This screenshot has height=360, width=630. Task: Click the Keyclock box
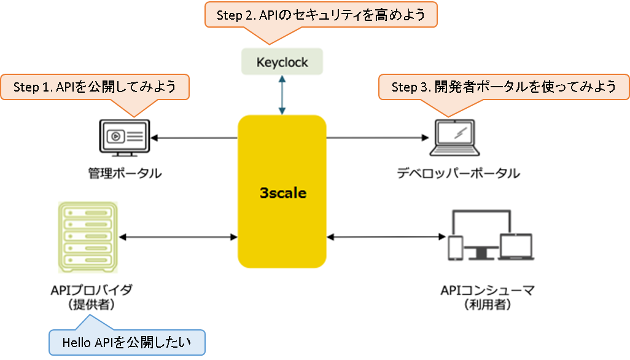(x=282, y=61)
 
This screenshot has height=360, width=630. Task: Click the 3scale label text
(x=283, y=193)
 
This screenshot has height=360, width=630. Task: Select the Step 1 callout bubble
(x=95, y=87)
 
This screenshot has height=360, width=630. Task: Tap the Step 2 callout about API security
(x=321, y=15)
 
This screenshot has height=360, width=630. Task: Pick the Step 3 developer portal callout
(x=504, y=87)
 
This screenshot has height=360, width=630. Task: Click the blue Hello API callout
(x=127, y=342)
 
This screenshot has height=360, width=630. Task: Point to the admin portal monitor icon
(x=125, y=138)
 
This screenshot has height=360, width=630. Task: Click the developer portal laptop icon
(x=455, y=138)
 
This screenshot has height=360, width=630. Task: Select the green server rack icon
(x=88, y=237)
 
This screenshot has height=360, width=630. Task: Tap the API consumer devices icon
(x=491, y=235)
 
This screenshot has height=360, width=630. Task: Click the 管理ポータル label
(x=125, y=173)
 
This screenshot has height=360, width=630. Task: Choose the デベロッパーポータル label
(x=459, y=173)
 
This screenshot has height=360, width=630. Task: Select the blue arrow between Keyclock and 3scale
(x=282, y=95)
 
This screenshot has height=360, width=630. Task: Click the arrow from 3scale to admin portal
(x=194, y=138)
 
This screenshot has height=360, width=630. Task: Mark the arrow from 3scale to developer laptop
(x=378, y=138)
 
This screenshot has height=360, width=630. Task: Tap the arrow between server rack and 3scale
(x=179, y=237)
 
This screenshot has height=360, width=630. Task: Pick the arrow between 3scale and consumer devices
(x=386, y=237)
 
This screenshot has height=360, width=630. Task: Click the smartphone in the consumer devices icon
(x=456, y=248)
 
